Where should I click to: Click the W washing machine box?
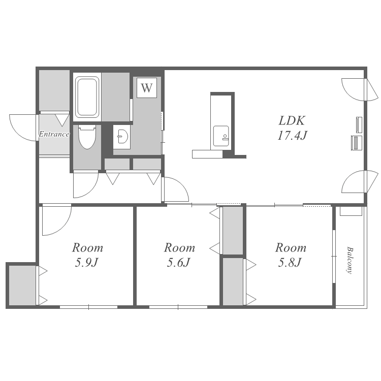[x=146, y=88]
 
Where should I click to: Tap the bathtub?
[x=87, y=97]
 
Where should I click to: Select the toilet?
[x=87, y=137]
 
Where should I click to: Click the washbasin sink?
[x=122, y=137]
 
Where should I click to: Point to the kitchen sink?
[x=221, y=136]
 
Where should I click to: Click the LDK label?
[x=292, y=121]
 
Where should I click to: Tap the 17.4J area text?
[x=292, y=135]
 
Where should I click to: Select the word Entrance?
[x=54, y=134]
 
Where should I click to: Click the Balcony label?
[x=350, y=260]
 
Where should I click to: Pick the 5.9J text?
[x=86, y=263]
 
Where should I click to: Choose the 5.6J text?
[x=178, y=263]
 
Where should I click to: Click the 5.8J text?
[x=290, y=263]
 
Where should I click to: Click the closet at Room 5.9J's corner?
[x=22, y=285]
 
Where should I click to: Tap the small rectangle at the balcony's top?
[x=351, y=211]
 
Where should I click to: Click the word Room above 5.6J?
[x=179, y=248]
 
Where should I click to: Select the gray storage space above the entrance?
[x=54, y=90]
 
